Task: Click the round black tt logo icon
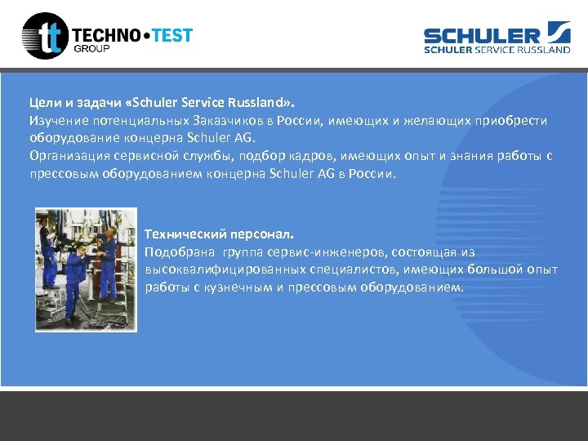[x=45, y=36]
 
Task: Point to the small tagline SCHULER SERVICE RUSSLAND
[x=497, y=49]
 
